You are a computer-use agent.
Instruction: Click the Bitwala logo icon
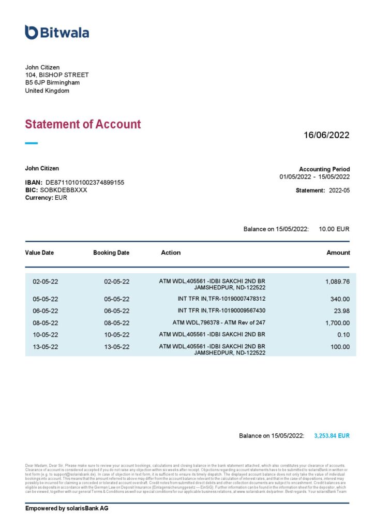pos(31,32)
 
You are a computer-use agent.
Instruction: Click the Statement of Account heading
pos(83,124)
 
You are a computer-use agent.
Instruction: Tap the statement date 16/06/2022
pos(326,135)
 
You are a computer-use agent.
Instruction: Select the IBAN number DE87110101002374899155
pos(85,183)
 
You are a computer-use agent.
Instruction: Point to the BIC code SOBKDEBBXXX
pos(64,190)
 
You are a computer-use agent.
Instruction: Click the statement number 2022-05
pos(339,190)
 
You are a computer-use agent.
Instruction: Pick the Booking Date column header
pos(111,253)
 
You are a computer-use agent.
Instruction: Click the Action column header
pos(171,253)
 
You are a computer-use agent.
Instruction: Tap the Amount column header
pos(338,253)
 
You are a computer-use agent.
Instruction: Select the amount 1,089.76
pos(337,282)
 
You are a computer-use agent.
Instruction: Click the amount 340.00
pos(340,299)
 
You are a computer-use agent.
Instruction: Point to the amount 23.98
pos(341,311)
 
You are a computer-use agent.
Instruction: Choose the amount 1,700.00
pos(337,323)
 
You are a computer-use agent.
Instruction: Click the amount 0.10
pos(343,335)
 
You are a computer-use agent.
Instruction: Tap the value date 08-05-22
pos(46,323)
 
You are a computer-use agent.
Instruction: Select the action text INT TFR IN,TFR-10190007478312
pos(221,299)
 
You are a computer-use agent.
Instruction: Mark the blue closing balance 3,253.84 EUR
pos(332,436)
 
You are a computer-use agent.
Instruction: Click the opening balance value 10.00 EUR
pos(334,229)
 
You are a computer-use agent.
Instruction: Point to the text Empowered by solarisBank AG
pos(67,509)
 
